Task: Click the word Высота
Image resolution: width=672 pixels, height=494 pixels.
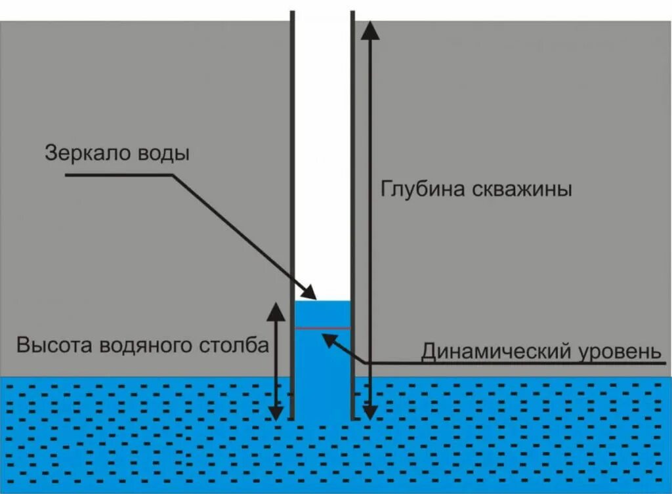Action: coord(54,346)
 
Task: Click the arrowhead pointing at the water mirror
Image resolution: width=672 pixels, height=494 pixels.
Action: coord(310,293)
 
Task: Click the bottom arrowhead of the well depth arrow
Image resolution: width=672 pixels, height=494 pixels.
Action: coord(370,413)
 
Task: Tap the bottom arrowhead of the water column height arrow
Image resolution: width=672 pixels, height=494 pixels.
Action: coord(276,413)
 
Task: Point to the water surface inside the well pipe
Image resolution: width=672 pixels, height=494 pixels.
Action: coord(323,301)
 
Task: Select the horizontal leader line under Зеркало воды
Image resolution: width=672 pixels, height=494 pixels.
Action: coord(118,175)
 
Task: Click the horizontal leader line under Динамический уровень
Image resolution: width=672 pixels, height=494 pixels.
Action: coord(512,363)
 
